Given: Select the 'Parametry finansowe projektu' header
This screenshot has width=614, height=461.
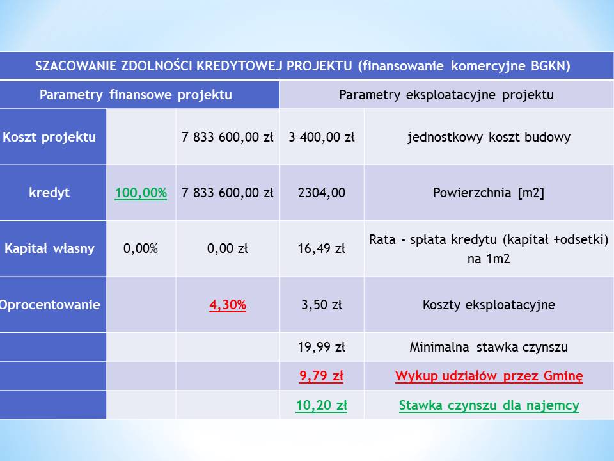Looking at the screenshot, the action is pos(136,95).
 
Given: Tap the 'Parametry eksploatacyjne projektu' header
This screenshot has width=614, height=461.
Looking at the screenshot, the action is pos(446,95).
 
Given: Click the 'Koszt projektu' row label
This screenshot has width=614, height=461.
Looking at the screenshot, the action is pos(49,137).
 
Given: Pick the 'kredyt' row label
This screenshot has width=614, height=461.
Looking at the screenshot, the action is pos(49,193).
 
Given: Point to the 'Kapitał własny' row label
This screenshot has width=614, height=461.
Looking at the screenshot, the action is pos(49,248).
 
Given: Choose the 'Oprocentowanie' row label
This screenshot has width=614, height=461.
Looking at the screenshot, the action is pos(50,305).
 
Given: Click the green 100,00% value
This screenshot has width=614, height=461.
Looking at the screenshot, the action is pos(141,193).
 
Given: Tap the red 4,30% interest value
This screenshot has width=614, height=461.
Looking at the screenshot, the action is pos(228,305).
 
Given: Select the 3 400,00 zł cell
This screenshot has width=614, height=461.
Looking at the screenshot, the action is pos(322,137).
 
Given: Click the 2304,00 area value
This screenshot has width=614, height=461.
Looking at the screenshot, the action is pos(322,193).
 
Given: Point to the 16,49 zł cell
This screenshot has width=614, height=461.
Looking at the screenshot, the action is pos(322,248).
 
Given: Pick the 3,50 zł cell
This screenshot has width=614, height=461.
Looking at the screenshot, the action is pos(322,305).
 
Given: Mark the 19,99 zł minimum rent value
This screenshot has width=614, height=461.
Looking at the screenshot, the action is pos(322,347).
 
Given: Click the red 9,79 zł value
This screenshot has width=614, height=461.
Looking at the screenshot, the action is pos(322,376).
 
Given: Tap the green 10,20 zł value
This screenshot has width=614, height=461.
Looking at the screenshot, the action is pos(322,405).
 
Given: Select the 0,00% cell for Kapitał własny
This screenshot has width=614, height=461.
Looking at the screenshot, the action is pos(141,248).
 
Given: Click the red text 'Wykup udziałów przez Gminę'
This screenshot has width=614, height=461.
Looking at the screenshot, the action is pos(489,376).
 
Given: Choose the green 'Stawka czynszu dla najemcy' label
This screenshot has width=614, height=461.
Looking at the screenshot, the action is pos(489,405).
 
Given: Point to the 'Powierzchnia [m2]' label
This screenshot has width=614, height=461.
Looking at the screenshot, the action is pos(489,193).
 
